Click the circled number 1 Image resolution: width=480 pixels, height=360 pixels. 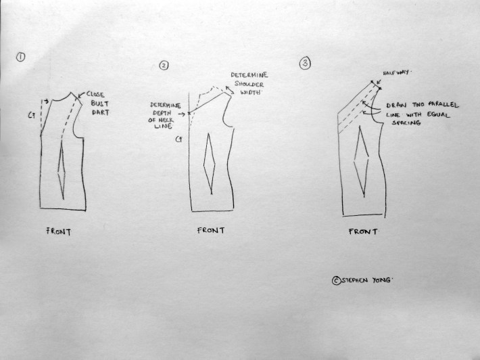pyautogui.click(x=20, y=58)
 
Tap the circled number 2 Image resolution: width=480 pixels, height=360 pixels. pyautogui.click(x=164, y=65)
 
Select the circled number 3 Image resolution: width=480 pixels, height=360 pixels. pyautogui.click(x=305, y=64)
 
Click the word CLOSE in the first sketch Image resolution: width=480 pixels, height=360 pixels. pyautogui.click(x=95, y=94)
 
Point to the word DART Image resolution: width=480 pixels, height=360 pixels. pyautogui.click(x=101, y=112)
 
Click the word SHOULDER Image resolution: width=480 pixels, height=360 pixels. pyautogui.click(x=249, y=84)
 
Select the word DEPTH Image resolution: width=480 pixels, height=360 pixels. pyautogui.click(x=162, y=113)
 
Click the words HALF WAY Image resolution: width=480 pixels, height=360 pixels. pyautogui.click(x=395, y=73)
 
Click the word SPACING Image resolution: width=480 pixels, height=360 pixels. pyautogui.click(x=406, y=123)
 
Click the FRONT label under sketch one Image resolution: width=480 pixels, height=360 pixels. pyautogui.click(x=58, y=231)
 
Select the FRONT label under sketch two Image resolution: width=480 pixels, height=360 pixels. pyautogui.click(x=211, y=230)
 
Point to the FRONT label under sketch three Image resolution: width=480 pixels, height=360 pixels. pyautogui.click(x=363, y=231)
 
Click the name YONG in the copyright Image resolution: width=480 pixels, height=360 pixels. pyautogui.click(x=382, y=280)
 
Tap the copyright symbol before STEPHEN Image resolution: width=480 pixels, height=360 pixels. pyautogui.click(x=336, y=281)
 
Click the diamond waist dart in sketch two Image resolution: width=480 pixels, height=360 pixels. pyautogui.click(x=210, y=164)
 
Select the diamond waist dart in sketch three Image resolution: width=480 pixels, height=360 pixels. pyautogui.click(x=361, y=162)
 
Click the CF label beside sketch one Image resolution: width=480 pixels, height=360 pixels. pyautogui.click(x=32, y=116)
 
